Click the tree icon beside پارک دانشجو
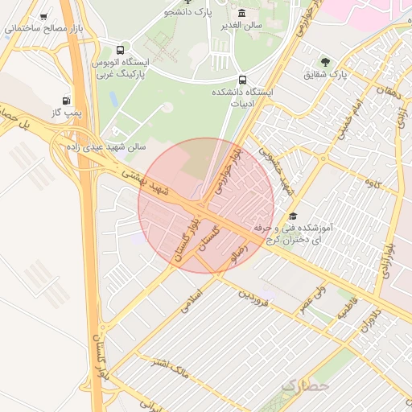(x=189, y=2)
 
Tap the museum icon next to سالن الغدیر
(x=242, y=13)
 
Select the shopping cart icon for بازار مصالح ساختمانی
(x=42, y=15)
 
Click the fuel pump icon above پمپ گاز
(x=65, y=101)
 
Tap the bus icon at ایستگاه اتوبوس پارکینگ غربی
(x=121, y=49)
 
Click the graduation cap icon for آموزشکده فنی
(x=293, y=216)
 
